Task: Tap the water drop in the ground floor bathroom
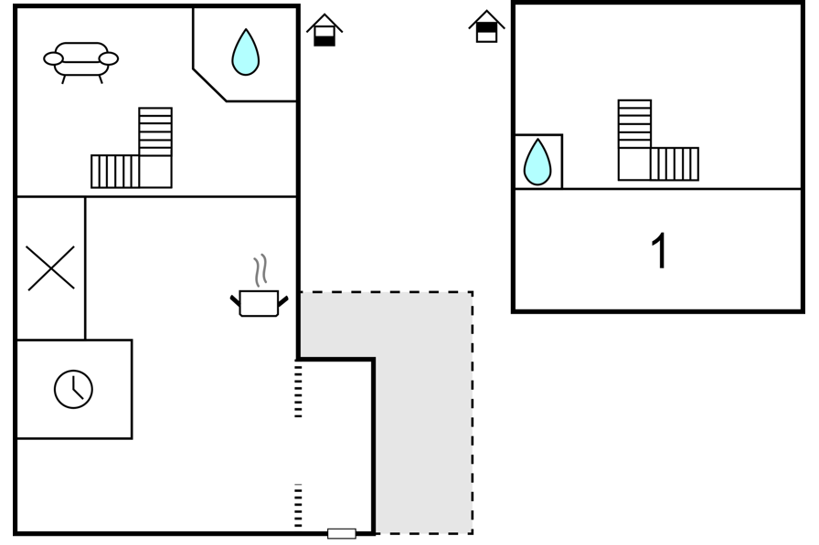click(x=246, y=52)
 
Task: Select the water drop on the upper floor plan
click(x=537, y=162)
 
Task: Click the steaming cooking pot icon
click(x=259, y=301)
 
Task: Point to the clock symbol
click(x=74, y=389)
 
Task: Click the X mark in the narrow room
click(x=51, y=268)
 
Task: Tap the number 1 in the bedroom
click(x=660, y=251)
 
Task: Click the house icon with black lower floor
click(x=324, y=30)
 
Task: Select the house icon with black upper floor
click(x=487, y=26)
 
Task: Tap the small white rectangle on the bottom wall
click(x=342, y=533)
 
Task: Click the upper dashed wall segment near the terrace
click(x=298, y=391)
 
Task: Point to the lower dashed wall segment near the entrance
click(x=298, y=506)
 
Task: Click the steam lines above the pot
click(x=261, y=271)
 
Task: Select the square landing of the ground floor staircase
click(x=155, y=172)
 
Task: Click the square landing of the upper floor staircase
click(x=634, y=163)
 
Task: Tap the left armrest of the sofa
click(x=53, y=59)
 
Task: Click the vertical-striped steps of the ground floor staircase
click(x=115, y=172)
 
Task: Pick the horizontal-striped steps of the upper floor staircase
click(x=634, y=123)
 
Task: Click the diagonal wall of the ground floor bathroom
click(x=209, y=85)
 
